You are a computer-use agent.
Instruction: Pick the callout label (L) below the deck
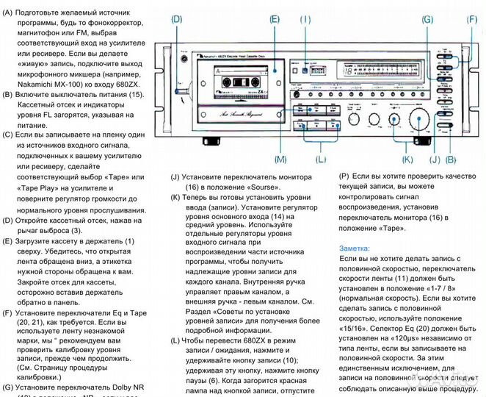319,159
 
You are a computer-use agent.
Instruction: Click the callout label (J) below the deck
434,159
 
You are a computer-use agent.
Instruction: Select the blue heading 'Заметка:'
355,248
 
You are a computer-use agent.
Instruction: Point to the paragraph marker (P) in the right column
344,177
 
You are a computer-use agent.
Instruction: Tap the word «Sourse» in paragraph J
250,187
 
